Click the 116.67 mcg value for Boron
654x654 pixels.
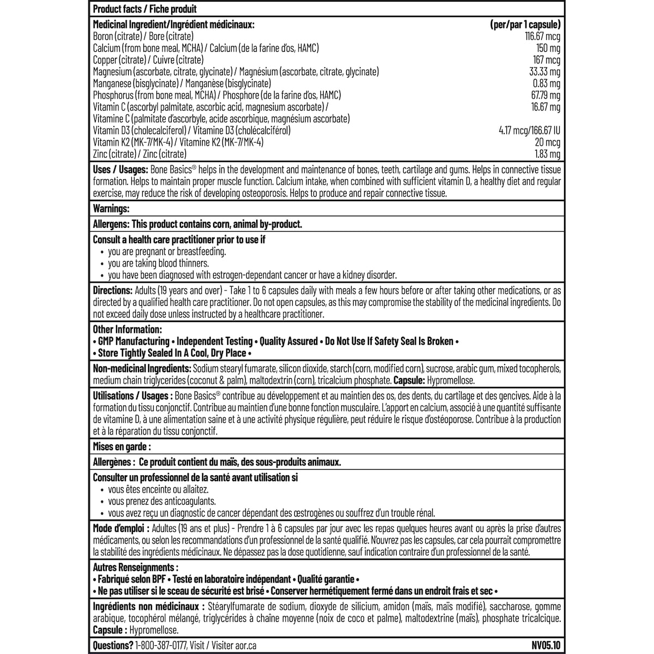coord(542,37)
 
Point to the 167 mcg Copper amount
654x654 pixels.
coord(547,60)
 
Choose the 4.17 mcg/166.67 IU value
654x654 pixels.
coord(526,131)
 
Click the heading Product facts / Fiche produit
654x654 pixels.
coord(145,9)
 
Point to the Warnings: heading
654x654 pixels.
coord(111,208)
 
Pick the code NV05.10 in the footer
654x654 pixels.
coord(545,646)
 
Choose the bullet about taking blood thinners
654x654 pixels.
coord(158,263)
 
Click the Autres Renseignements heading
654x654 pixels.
coord(135,567)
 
